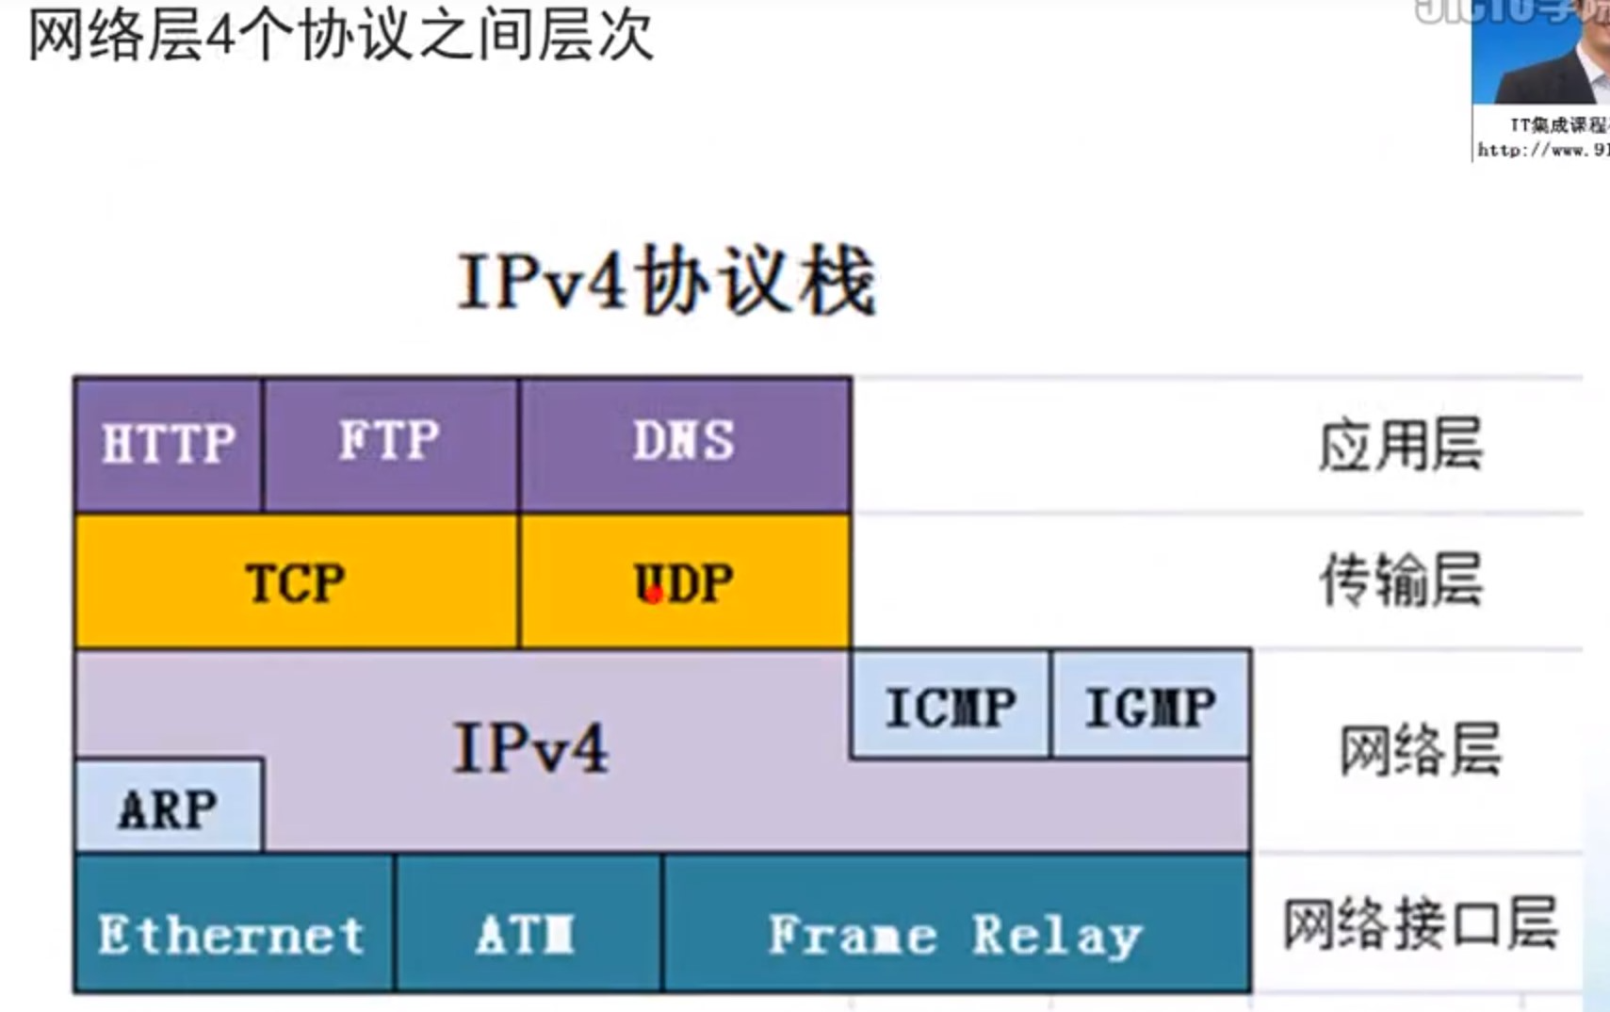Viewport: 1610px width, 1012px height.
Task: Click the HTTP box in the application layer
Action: coord(168,444)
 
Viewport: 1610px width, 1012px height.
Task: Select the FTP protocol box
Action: coord(390,442)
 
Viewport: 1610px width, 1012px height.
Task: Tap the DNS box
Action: coord(684,442)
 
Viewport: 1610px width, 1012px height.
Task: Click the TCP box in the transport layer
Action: coord(295,582)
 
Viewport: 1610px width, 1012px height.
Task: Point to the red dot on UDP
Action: coord(653,595)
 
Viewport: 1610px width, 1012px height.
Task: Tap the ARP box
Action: coord(168,808)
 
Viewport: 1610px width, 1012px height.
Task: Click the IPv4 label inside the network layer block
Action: coord(530,749)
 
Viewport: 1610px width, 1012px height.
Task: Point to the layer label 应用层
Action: coord(1400,446)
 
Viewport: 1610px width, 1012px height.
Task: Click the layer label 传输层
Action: coord(1400,580)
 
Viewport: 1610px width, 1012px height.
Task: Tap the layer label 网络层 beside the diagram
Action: coord(1420,750)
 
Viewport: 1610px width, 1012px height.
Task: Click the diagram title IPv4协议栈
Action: coord(667,282)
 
